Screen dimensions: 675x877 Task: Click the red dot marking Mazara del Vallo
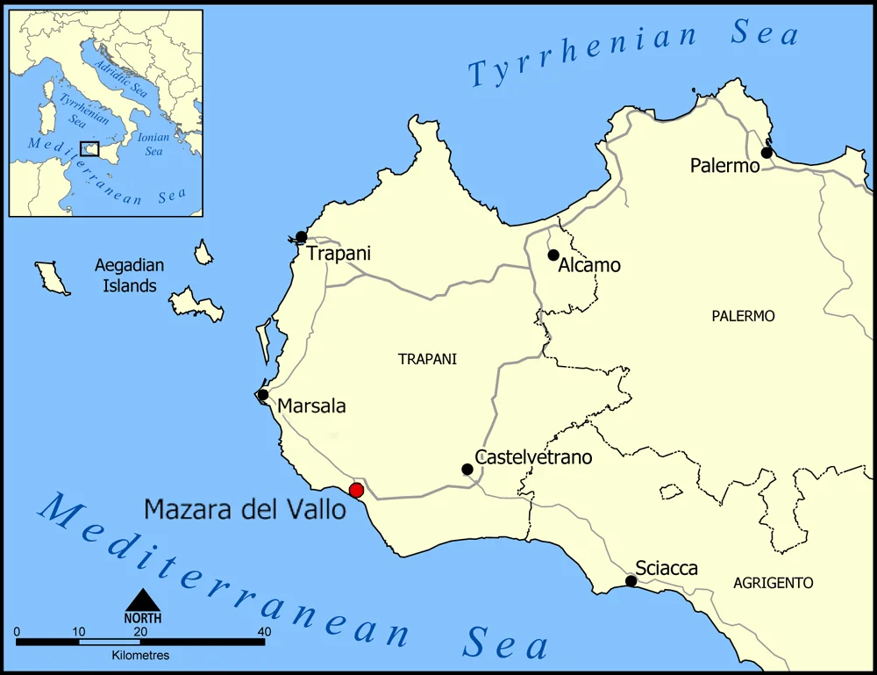coord(356,490)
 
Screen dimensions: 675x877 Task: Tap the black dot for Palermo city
coord(766,153)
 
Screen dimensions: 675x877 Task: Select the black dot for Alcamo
coord(553,255)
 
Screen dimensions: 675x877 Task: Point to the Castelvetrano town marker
coord(467,470)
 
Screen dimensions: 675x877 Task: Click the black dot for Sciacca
coord(631,581)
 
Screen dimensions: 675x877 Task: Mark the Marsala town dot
coord(263,395)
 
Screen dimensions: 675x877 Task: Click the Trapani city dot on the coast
coord(301,237)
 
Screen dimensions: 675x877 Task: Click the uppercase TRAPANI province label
coord(427,359)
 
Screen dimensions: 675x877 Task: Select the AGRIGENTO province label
coord(773,583)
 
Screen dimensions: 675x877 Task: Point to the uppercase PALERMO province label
coord(743,316)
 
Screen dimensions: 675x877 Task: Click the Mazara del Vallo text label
coord(245,508)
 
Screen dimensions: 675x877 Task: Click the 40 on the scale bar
coord(263,631)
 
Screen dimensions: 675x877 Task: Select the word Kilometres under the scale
coord(140,655)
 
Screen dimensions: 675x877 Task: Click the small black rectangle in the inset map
coord(89,149)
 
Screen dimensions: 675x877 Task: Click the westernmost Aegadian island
coord(53,276)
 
